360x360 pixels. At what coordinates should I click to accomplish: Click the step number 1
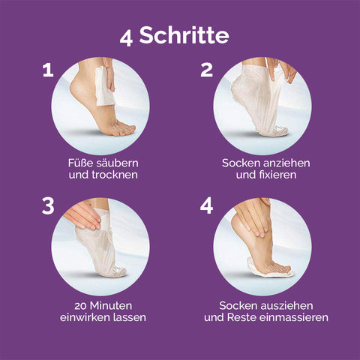48,70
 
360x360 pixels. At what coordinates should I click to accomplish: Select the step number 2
207,70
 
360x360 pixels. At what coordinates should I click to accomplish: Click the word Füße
79,162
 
